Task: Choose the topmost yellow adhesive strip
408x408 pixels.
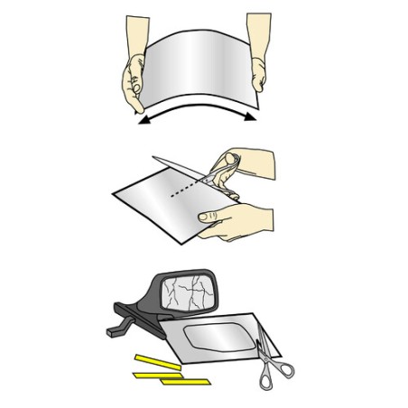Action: [157, 359]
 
